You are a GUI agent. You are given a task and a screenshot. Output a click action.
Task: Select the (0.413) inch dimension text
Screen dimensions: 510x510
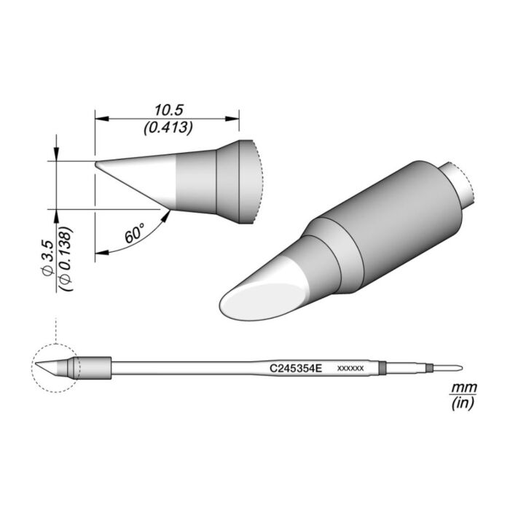pyautogui.click(x=168, y=128)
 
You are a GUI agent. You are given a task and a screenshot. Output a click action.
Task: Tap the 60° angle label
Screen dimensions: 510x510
pyautogui.click(x=134, y=235)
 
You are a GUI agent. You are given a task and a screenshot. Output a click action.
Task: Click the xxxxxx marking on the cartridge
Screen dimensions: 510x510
pyautogui.click(x=350, y=369)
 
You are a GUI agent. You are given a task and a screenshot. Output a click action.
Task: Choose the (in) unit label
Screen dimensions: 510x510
pyautogui.click(x=460, y=403)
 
